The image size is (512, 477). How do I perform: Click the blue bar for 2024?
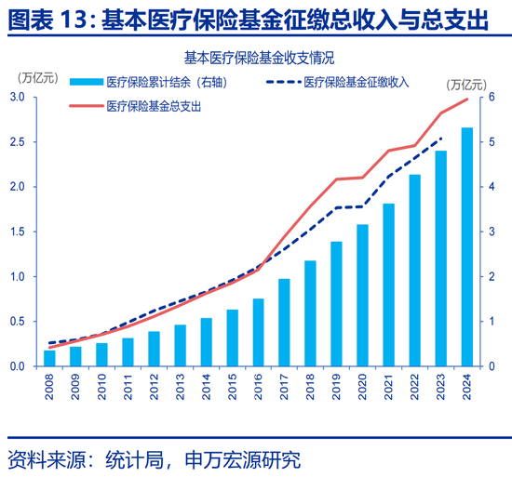tap(466, 246)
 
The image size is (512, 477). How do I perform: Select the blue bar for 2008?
tap(49, 358)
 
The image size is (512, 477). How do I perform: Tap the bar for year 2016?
tap(258, 332)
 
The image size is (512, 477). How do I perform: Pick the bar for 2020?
tap(362, 295)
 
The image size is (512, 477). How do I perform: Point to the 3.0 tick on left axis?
tap(18, 97)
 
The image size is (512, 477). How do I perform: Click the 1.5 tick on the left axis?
tap(18, 232)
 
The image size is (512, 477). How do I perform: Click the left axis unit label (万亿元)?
tap(31, 77)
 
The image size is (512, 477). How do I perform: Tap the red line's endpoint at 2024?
tap(466, 99)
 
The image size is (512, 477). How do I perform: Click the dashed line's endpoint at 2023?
tap(440, 138)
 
